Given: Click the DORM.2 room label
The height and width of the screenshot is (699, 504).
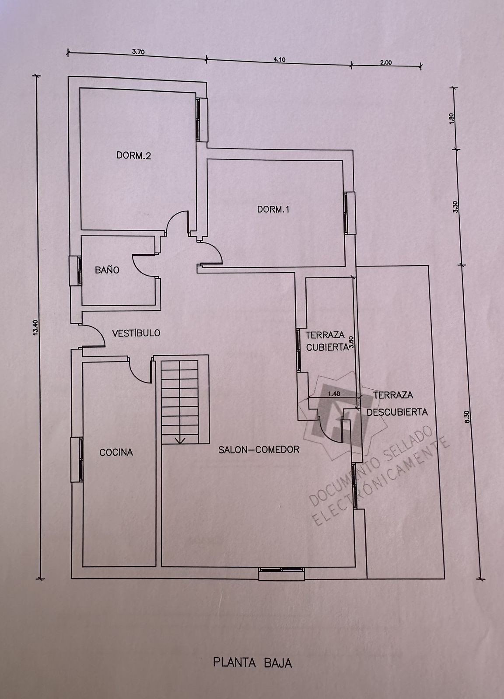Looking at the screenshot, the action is tap(134, 156).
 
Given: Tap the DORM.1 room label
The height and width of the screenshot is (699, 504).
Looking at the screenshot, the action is tap(273, 209).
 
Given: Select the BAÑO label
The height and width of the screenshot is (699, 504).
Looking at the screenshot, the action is tap(107, 270).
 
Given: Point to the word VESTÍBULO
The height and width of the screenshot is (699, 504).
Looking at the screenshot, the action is tap(136, 332).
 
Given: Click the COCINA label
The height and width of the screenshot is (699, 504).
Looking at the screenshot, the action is tap(116, 452).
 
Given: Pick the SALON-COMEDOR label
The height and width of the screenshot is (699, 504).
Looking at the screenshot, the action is tap(259, 450).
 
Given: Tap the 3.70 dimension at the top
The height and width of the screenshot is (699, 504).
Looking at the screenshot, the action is tap(138, 52).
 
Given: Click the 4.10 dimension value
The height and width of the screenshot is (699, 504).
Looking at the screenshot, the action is tap(279, 59).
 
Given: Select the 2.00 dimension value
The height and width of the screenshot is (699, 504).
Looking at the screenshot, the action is tap(386, 62).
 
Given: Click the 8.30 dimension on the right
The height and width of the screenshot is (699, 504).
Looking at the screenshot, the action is tap(467, 417).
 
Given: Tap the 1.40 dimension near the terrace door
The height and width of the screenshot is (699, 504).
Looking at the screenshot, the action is tap(334, 394).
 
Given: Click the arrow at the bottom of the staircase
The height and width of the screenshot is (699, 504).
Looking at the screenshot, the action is tap(180, 440).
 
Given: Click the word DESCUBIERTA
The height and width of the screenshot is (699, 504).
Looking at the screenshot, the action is tap(397, 412).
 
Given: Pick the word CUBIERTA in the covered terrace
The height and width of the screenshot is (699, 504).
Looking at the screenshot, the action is tap(327, 347).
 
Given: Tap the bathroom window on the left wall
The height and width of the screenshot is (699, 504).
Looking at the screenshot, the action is tap(75, 270).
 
